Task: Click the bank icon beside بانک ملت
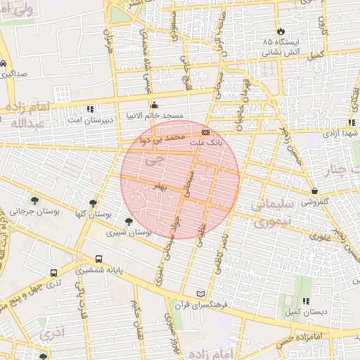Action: click(205, 131)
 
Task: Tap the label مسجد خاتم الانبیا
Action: click(154, 115)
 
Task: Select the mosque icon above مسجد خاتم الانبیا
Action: click(154, 105)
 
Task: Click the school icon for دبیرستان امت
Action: click(89, 110)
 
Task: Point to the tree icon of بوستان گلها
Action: click(93, 203)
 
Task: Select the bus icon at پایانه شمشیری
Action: click(98, 259)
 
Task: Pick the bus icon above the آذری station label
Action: click(54, 273)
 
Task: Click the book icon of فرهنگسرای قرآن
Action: click(202, 293)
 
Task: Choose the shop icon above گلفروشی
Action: click(314, 191)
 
